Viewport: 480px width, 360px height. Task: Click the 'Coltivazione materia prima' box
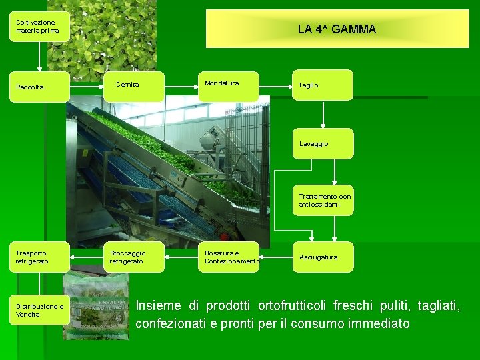39,27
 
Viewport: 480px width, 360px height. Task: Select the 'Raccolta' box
39,87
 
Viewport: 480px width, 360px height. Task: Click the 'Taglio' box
323,85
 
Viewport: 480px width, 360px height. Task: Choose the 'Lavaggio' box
323,143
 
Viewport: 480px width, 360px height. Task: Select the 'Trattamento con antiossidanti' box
324,200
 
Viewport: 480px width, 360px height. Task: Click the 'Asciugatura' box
323,257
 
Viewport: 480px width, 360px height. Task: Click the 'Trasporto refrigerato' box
39,257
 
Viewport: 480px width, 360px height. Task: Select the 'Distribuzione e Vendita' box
39,310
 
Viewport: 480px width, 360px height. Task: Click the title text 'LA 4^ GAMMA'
337,29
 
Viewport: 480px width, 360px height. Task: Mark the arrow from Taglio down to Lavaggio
323,115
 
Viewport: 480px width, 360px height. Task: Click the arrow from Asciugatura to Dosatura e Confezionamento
276,257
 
